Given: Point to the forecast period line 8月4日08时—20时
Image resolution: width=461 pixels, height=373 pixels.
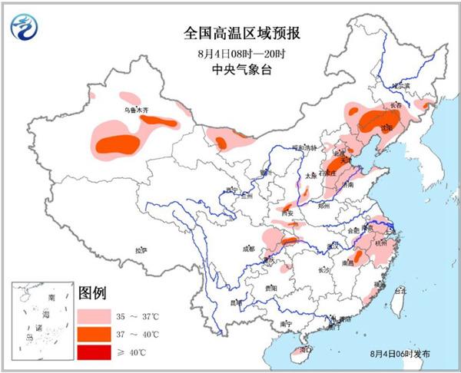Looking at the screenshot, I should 231,54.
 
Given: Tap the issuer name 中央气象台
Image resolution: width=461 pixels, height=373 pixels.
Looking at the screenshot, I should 231,70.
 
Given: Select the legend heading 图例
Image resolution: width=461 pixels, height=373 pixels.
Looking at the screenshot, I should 91,292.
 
